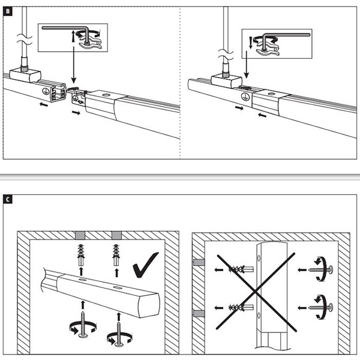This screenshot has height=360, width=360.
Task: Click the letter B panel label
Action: (8, 12)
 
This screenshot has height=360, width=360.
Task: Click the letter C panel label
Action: (8, 199)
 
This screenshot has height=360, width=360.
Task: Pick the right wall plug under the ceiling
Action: (116, 257)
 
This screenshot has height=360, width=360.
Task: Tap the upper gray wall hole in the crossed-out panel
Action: (197, 262)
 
